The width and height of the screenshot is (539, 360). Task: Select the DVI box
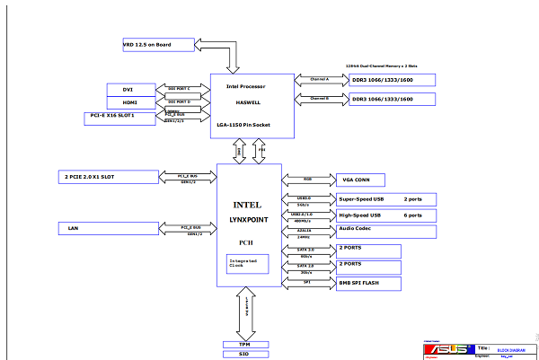[x=128, y=90]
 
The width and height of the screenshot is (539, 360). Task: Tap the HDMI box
[x=128, y=103]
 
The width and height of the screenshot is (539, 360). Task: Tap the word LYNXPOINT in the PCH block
[x=250, y=219]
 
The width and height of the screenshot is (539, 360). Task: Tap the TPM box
[x=244, y=345]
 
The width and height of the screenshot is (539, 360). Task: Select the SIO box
[x=244, y=355]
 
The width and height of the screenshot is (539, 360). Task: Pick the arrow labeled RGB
[x=307, y=179]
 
